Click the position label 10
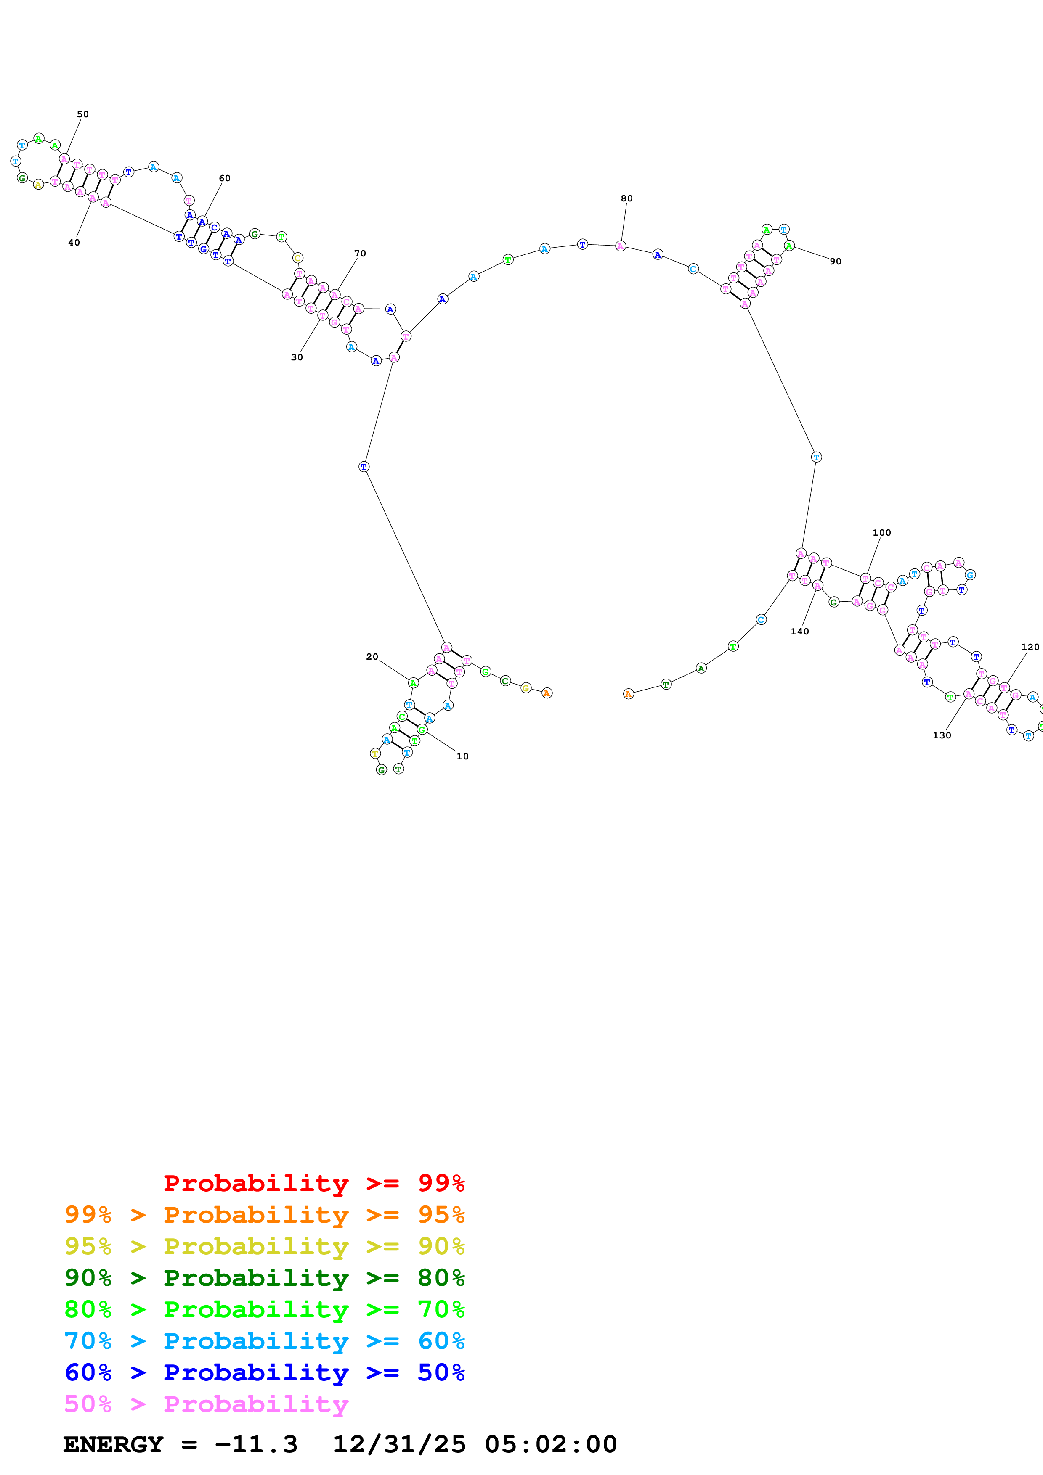click(462, 756)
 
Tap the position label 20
click(372, 656)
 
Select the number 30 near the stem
click(297, 357)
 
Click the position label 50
click(83, 114)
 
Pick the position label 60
click(224, 178)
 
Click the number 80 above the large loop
click(626, 198)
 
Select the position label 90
click(835, 262)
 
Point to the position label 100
click(882, 533)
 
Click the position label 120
click(1030, 647)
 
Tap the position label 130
click(942, 735)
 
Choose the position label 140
click(799, 632)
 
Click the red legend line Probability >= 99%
click(313, 1183)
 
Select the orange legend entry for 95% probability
click(264, 1214)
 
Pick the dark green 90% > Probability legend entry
click(264, 1278)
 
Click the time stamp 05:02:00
click(551, 1444)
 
